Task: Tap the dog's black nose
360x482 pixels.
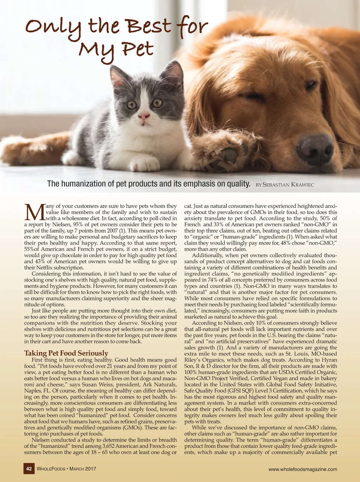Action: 315,148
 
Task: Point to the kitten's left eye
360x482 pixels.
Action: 131,105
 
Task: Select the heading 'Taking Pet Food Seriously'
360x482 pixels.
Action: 66,353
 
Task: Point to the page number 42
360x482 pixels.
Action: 29,469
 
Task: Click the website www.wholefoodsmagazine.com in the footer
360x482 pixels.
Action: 302,469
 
